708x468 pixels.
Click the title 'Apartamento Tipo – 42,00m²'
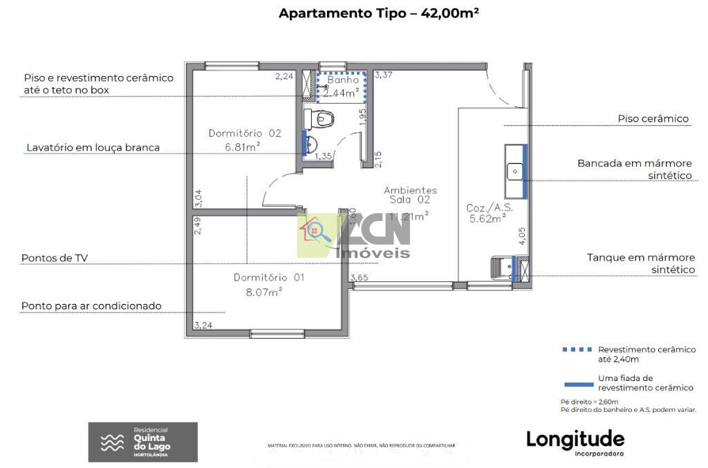point(379,13)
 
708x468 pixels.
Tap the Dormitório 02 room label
point(245,133)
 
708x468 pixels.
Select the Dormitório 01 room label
point(268,277)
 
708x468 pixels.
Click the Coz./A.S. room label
point(490,207)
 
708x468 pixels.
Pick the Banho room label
point(344,80)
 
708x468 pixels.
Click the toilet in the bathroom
point(322,118)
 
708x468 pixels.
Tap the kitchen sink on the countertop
point(514,170)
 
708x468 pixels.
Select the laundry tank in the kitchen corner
point(503,266)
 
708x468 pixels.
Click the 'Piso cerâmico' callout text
point(653,119)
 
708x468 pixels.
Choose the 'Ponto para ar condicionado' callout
point(91,306)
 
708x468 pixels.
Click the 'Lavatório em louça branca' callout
point(93,147)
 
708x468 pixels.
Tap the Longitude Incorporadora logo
point(575,441)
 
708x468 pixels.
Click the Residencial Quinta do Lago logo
point(143,442)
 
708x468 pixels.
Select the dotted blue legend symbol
point(577,350)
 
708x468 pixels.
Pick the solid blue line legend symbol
point(577,383)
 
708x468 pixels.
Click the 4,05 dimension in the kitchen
point(523,236)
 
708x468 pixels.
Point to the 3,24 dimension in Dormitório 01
point(203,325)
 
